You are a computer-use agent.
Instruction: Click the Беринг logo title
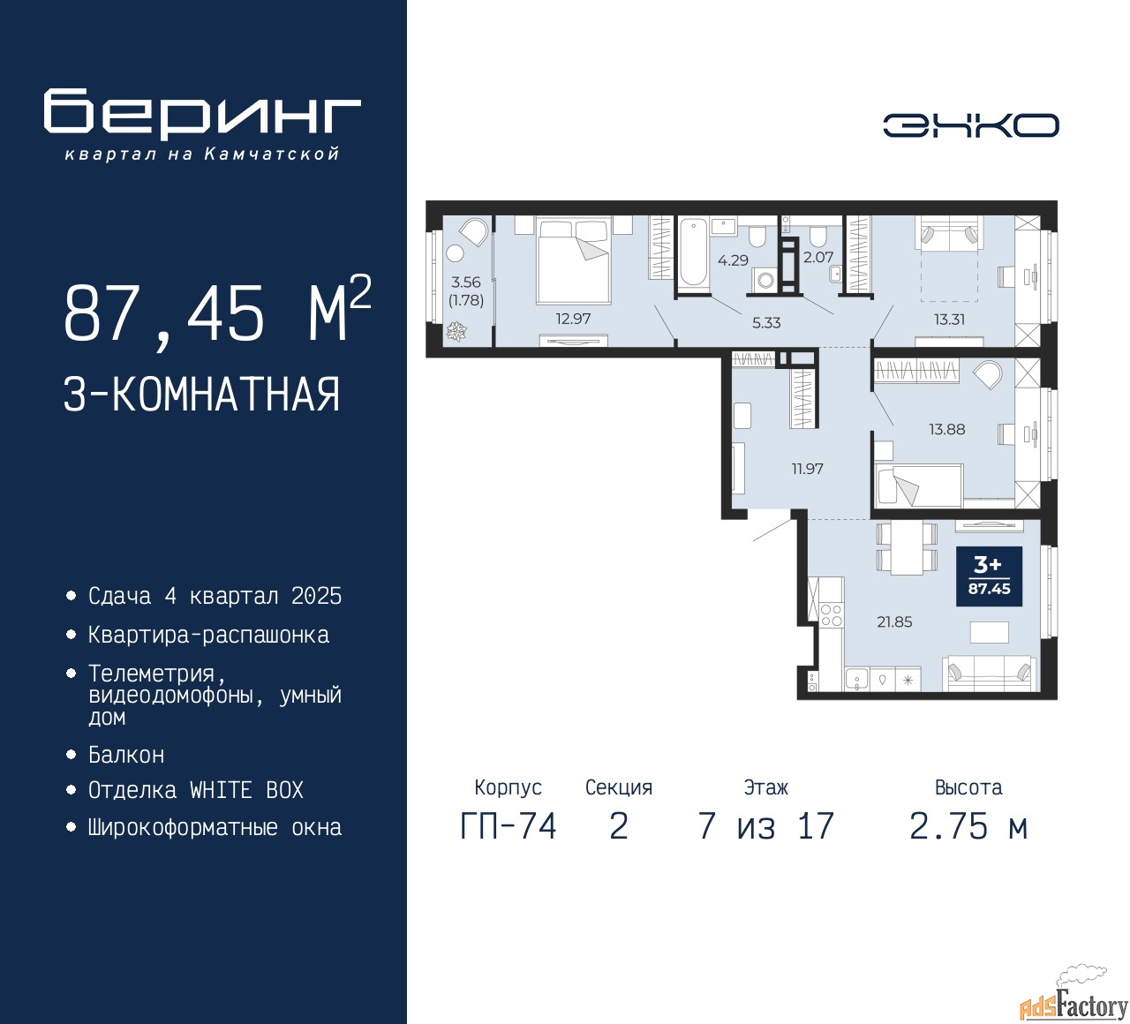(201, 113)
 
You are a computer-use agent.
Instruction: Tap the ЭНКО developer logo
(970, 125)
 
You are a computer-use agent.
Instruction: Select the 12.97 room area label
(573, 319)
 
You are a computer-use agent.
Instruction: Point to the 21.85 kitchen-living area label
(894, 621)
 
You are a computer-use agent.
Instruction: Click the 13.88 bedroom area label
(947, 429)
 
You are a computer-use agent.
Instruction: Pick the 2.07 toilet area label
(818, 258)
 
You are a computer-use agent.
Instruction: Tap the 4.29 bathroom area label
(733, 260)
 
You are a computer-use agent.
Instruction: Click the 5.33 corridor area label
(766, 323)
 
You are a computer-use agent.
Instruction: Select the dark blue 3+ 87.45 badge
(989, 576)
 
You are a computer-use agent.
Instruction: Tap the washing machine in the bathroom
(765, 279)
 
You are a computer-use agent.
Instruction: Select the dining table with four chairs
(907, 549)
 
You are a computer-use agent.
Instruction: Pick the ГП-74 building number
(508, 826)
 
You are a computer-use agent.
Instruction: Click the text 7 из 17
(765, 826)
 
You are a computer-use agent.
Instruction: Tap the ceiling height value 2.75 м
(968, 826)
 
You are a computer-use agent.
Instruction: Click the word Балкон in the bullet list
(126, 755)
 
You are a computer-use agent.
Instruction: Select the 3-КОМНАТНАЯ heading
(201, 395)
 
